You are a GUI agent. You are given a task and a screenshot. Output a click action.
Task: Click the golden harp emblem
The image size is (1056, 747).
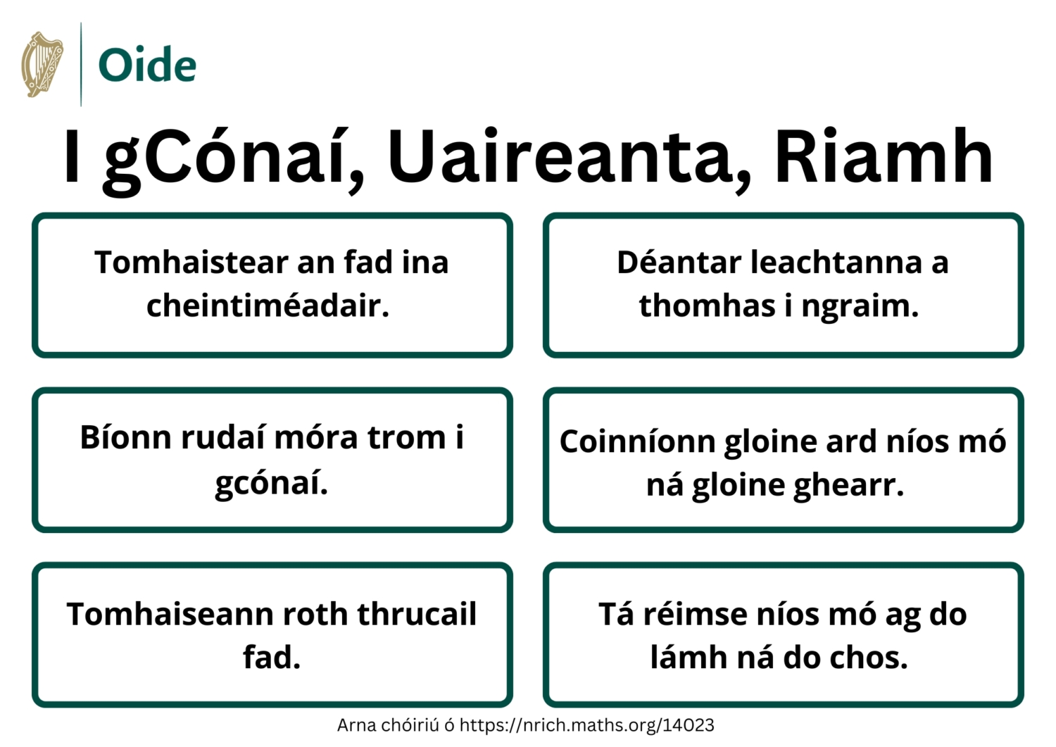pos(42,64)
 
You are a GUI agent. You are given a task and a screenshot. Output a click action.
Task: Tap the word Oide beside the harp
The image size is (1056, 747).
pos(147,65)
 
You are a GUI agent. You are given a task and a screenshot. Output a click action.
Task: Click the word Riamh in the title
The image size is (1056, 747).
pos(883,156)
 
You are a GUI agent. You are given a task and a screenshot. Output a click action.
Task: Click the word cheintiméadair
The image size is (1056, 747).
pos(268,306)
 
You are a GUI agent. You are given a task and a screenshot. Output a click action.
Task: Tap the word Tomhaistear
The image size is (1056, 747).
pos(191,263)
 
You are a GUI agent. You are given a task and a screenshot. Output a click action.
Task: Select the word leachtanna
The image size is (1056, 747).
pos(836,263)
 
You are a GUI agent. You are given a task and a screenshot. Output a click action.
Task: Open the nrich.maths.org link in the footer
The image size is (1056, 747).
pos(586,725)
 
